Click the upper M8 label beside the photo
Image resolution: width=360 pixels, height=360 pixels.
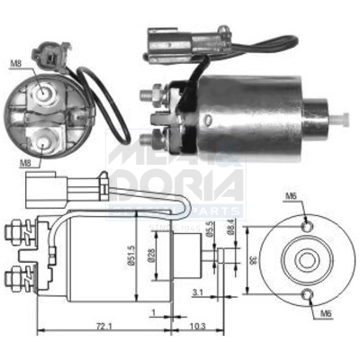click(15, 64)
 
